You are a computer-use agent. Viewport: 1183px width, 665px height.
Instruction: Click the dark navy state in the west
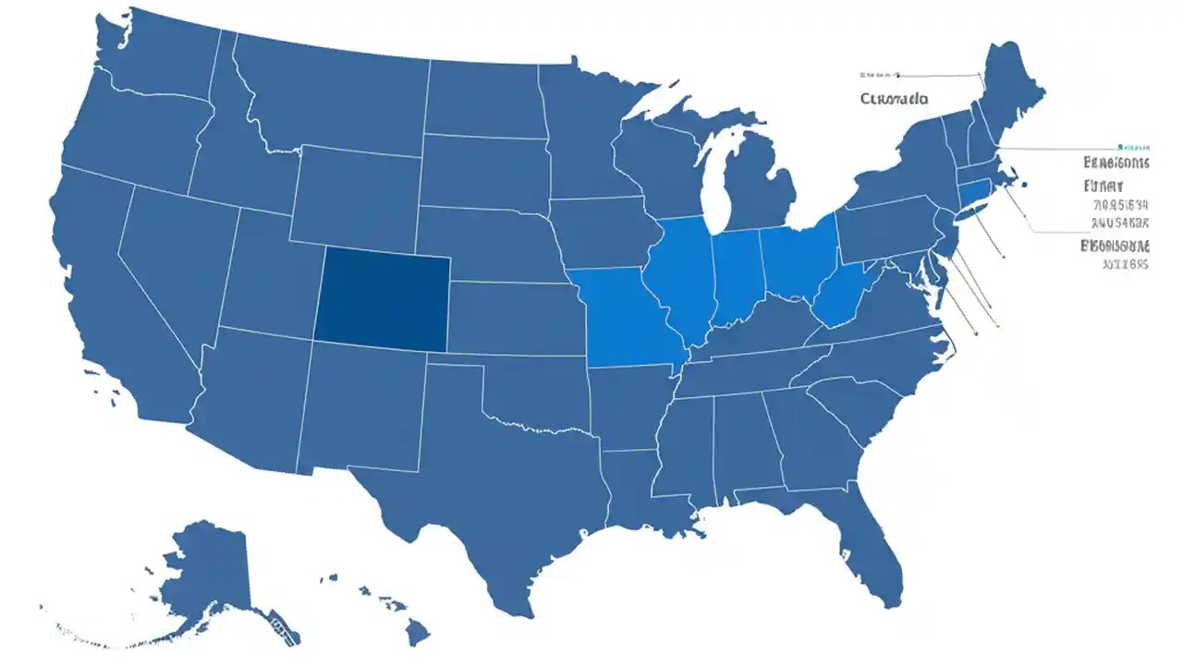click(x=382, y=299)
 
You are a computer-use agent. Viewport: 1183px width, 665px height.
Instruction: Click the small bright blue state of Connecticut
click(x=975, y=194)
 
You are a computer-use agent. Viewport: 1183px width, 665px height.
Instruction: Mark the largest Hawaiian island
click(x=418, y=633)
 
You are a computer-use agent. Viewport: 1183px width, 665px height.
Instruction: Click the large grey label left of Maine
click(x=894, y=98)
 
